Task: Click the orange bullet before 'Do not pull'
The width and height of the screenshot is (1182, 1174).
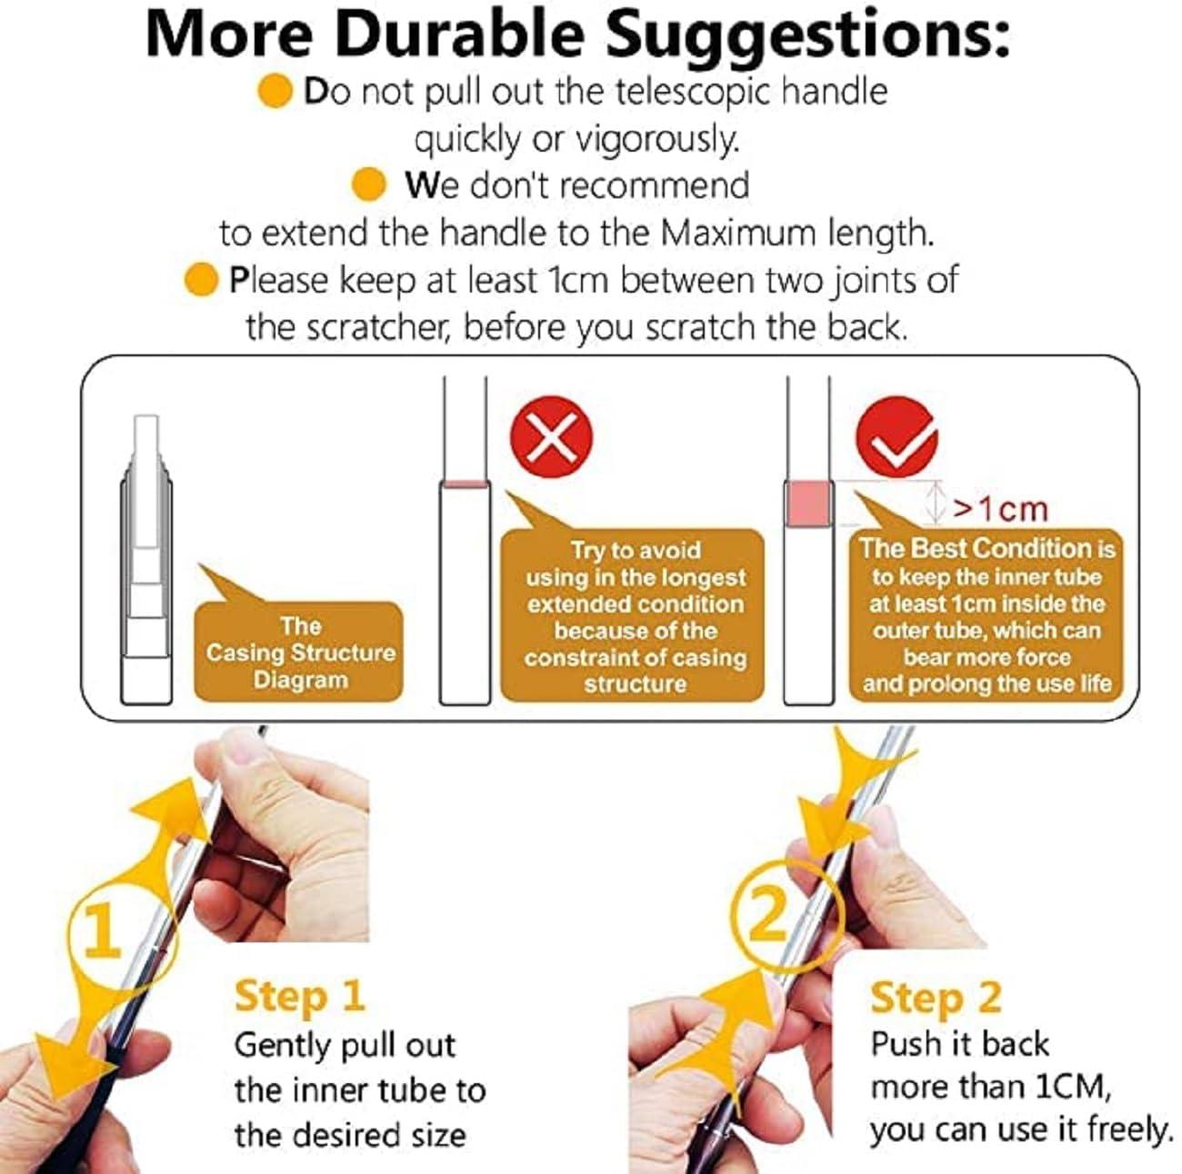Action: click(x=275, y=92)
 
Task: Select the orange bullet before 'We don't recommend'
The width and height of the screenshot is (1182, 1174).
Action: click(x=369, y=184)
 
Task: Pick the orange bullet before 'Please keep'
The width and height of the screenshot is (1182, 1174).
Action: click(x=201, y=279)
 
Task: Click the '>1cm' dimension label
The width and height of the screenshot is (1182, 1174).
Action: click(x=999, y=509)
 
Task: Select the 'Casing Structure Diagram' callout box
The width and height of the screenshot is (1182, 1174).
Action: click(x=299, y=652)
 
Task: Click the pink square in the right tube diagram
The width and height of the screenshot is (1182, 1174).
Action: click(x=808, y=503)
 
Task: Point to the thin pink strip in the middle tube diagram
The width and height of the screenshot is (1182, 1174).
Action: click(x=465, y=483)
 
